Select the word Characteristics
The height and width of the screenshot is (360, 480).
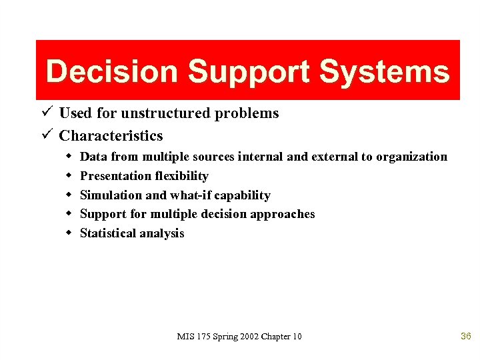tap(111, 135)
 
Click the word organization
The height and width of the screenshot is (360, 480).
tap(411, 157)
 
